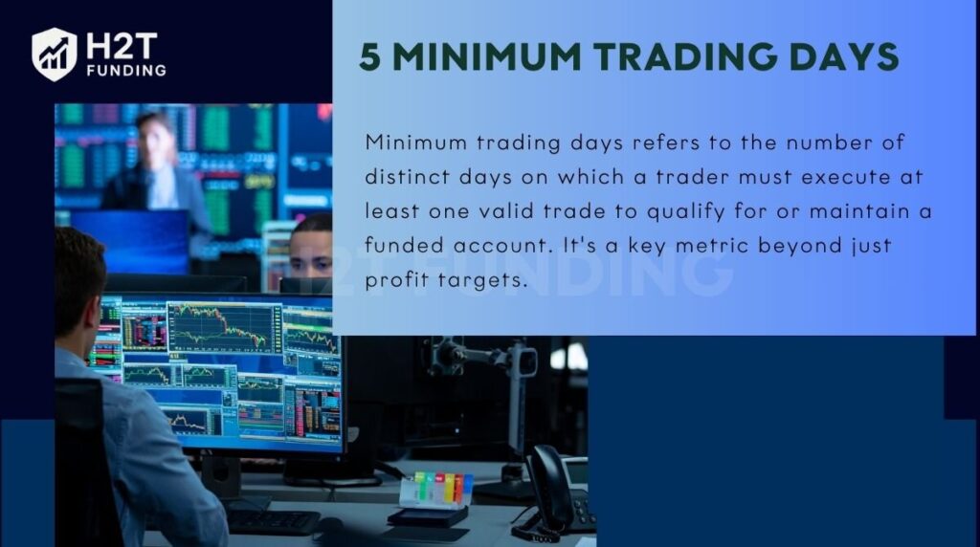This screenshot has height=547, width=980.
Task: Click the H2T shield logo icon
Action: [x=54, y=54]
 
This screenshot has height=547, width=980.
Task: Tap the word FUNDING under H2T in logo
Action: [x=124, y=71]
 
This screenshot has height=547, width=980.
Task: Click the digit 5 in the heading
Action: [x=369, y=57]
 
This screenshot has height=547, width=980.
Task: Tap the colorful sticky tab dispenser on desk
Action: [x=435, y=492]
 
